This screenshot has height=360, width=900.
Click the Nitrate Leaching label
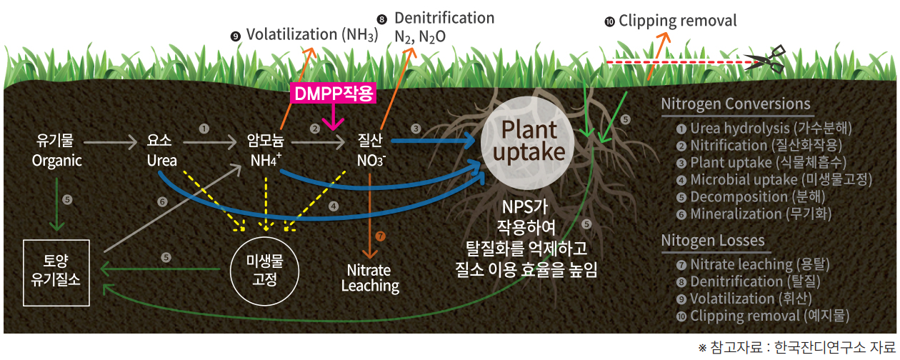click(370, 279)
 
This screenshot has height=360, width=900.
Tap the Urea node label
click(161, 151)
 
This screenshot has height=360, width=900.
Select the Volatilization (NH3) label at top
click(305, 34)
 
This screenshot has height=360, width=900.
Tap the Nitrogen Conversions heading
click(736, 104)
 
